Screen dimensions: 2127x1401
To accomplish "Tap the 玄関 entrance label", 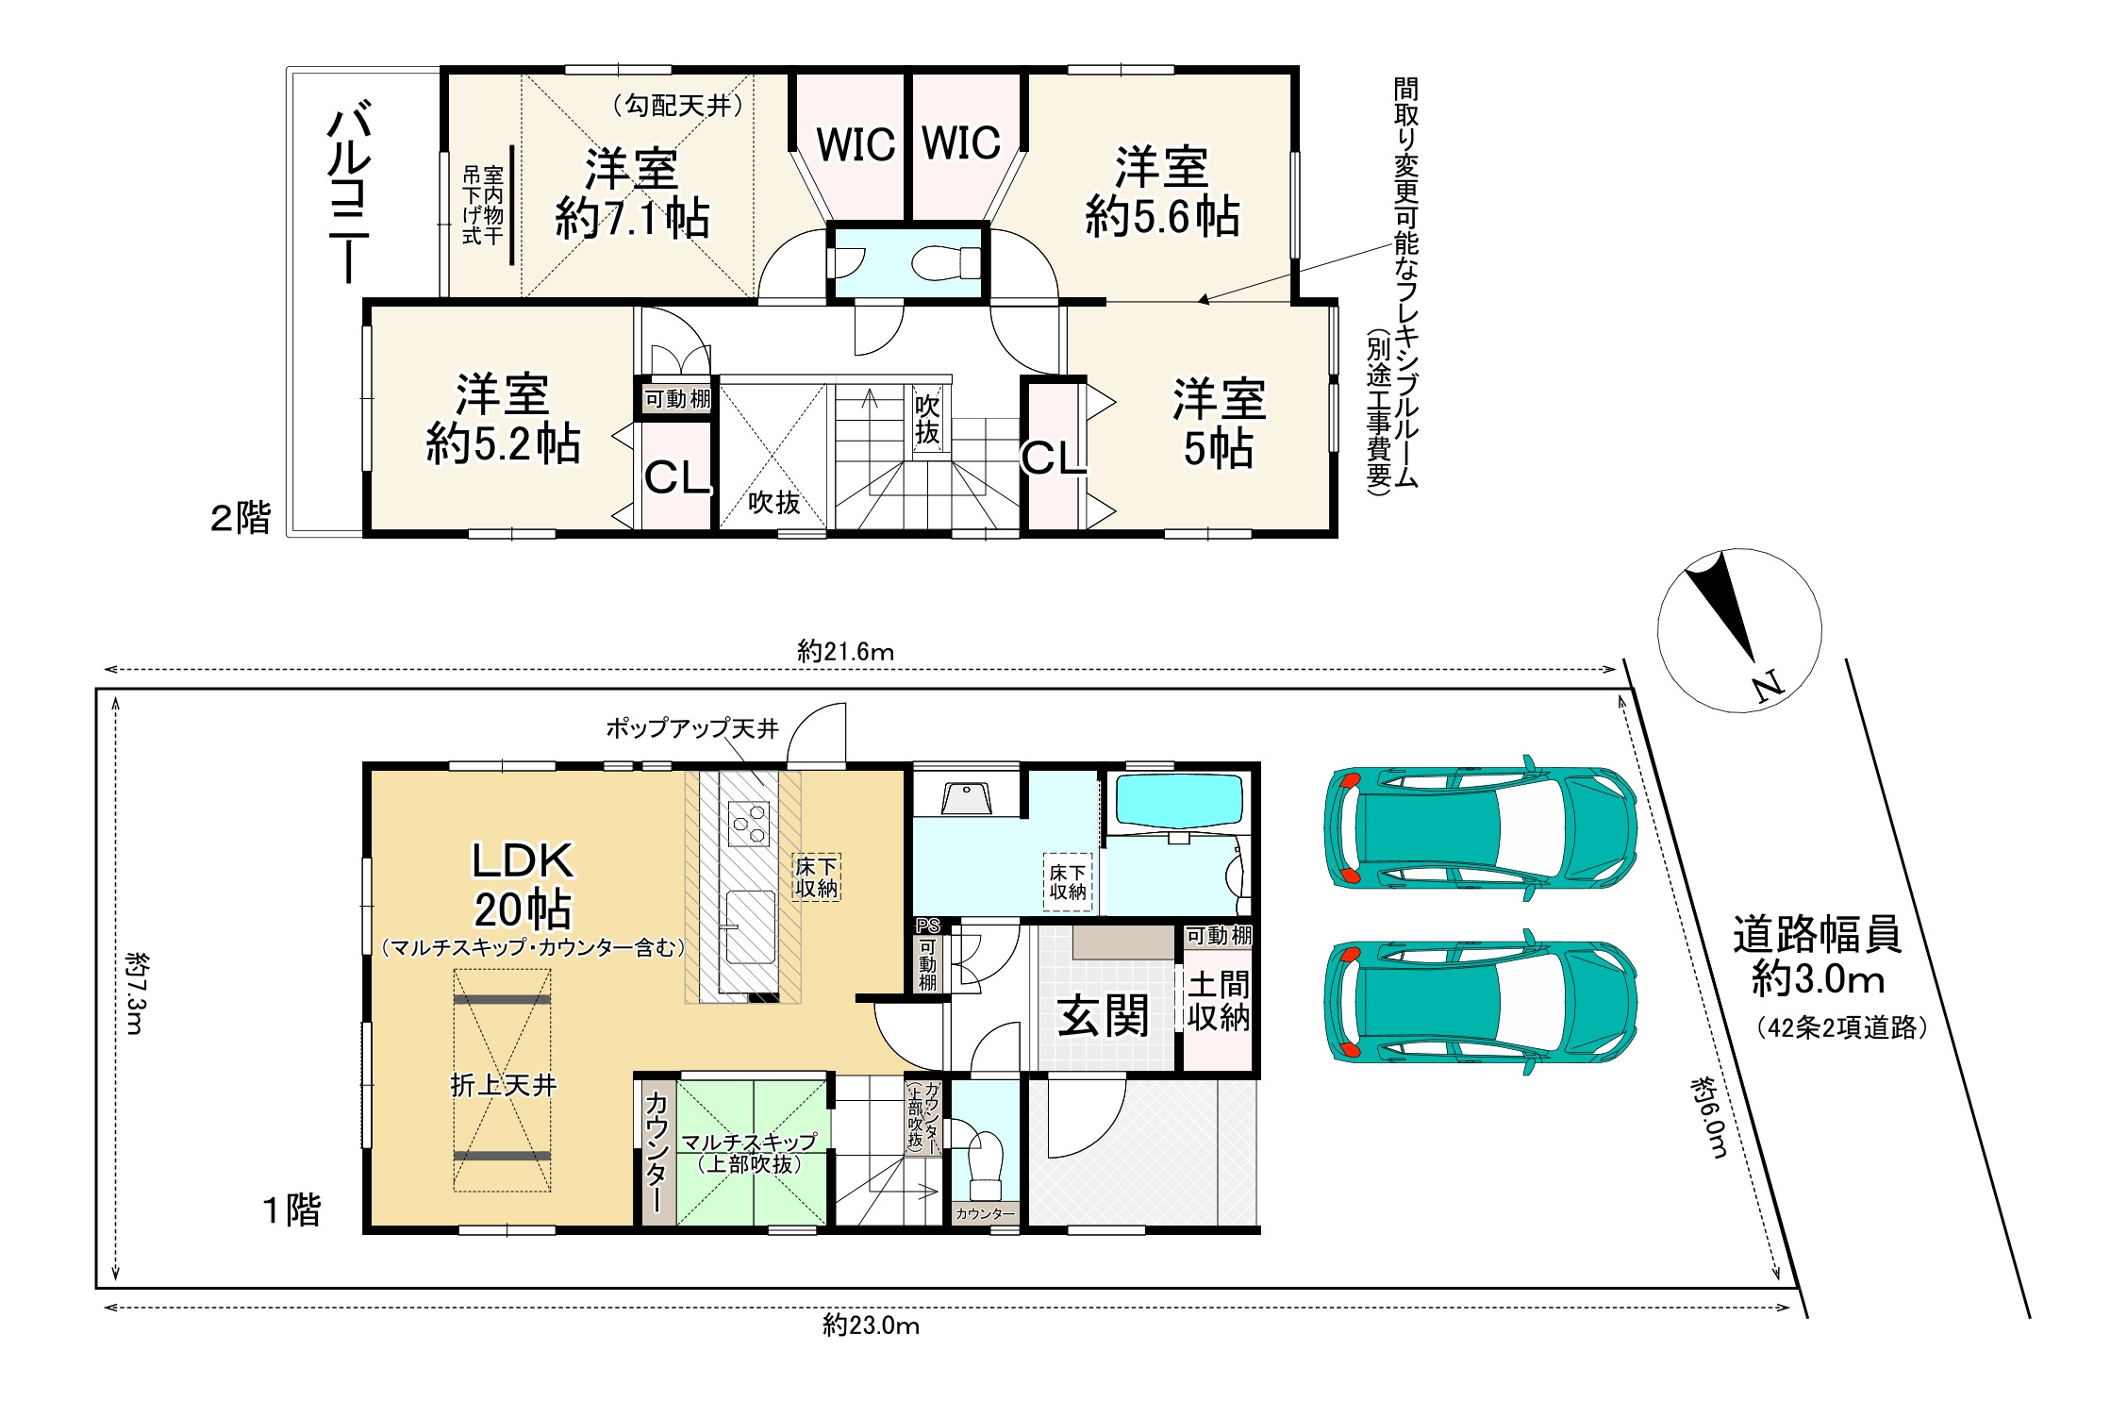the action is point(1103,1015).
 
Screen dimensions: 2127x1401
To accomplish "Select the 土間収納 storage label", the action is point(1219,1001).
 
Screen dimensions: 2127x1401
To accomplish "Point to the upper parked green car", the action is point(1480,827).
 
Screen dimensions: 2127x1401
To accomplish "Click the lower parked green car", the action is point(1480,1002).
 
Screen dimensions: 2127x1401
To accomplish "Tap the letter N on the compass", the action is point(1769,685).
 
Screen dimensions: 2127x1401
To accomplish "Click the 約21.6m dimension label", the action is point(845,651).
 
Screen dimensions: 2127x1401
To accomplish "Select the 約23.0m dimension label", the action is point(871,1326).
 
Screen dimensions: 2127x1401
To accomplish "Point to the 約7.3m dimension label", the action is point(136,992).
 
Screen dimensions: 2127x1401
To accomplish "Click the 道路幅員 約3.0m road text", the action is point(1818,956).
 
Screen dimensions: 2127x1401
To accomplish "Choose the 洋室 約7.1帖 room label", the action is point(632,193).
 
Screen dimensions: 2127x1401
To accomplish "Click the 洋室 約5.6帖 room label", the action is point(1162,192).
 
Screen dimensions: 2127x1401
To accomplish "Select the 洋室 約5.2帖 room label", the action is point(503,418).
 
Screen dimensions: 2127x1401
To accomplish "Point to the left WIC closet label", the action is point(856,145).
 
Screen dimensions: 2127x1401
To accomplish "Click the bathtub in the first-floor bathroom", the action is point(1179,802).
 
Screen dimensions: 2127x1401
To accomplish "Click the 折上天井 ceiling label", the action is point(504,1085).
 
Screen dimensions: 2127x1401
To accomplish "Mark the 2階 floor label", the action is point(241,517).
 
